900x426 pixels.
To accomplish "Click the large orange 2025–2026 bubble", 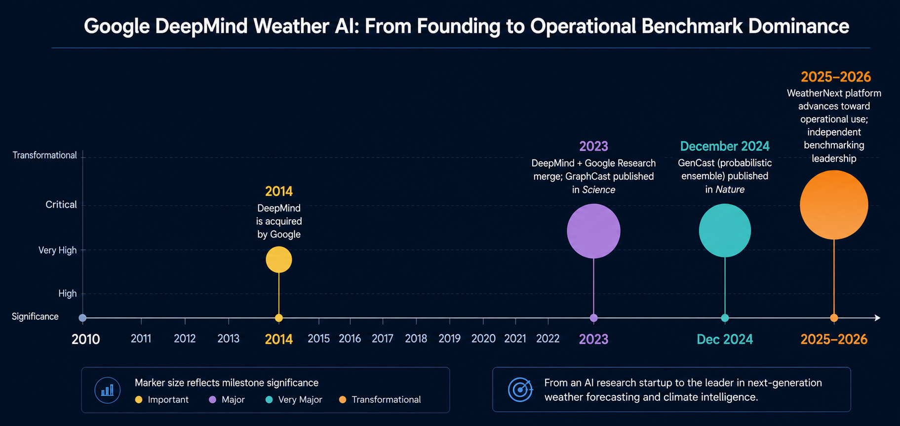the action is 834,205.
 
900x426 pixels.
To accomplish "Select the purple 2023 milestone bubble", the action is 593,231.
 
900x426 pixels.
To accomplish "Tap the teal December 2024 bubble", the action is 725,231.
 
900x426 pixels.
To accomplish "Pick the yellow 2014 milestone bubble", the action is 279,260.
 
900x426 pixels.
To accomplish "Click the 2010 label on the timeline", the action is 86,339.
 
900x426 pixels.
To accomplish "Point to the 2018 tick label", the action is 416,339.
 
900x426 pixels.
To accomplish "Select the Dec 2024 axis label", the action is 725,339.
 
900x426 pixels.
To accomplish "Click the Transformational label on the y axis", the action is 45,155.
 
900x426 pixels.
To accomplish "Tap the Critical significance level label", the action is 61,204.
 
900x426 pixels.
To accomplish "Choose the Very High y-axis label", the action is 58,250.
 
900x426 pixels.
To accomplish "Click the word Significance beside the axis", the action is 35,316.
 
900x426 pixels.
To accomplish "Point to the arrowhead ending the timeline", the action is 877,318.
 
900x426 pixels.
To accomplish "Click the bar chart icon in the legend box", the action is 107,390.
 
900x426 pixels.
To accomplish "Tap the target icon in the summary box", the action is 520,390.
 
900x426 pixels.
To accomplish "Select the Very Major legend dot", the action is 269,400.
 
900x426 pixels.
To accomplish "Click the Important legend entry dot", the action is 139,400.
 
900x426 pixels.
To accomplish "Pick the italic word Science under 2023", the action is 598,190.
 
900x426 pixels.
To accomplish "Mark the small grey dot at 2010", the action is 82,318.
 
